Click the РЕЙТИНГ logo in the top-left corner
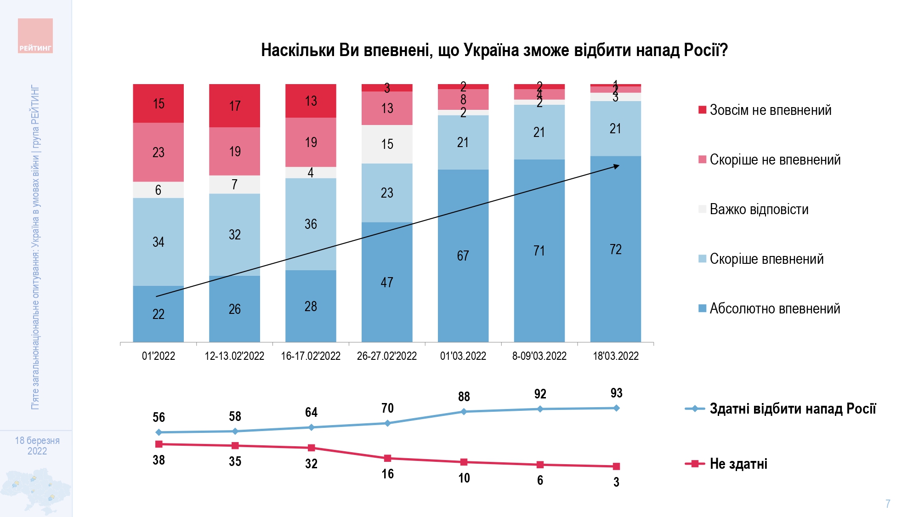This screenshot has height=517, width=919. (35, 36)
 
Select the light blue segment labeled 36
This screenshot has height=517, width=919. (311, 224)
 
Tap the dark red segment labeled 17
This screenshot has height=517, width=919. (234, 106)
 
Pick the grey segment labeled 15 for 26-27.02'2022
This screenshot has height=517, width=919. (387, 144)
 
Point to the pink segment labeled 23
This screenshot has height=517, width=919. (158, 152)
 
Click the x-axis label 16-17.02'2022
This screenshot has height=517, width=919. (311, 356)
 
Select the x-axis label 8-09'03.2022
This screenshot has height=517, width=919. (539, 356)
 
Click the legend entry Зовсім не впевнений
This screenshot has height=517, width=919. (770, 110)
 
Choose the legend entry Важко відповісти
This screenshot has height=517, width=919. (759, 210)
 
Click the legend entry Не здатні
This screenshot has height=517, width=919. (738, 464)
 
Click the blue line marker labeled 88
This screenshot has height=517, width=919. (464, 411)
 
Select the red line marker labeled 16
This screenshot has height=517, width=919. (387, 458)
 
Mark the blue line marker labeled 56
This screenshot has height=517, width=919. (159, 432)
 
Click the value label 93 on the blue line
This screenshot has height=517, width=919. (616, 393)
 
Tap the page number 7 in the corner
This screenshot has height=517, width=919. (888, 504)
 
